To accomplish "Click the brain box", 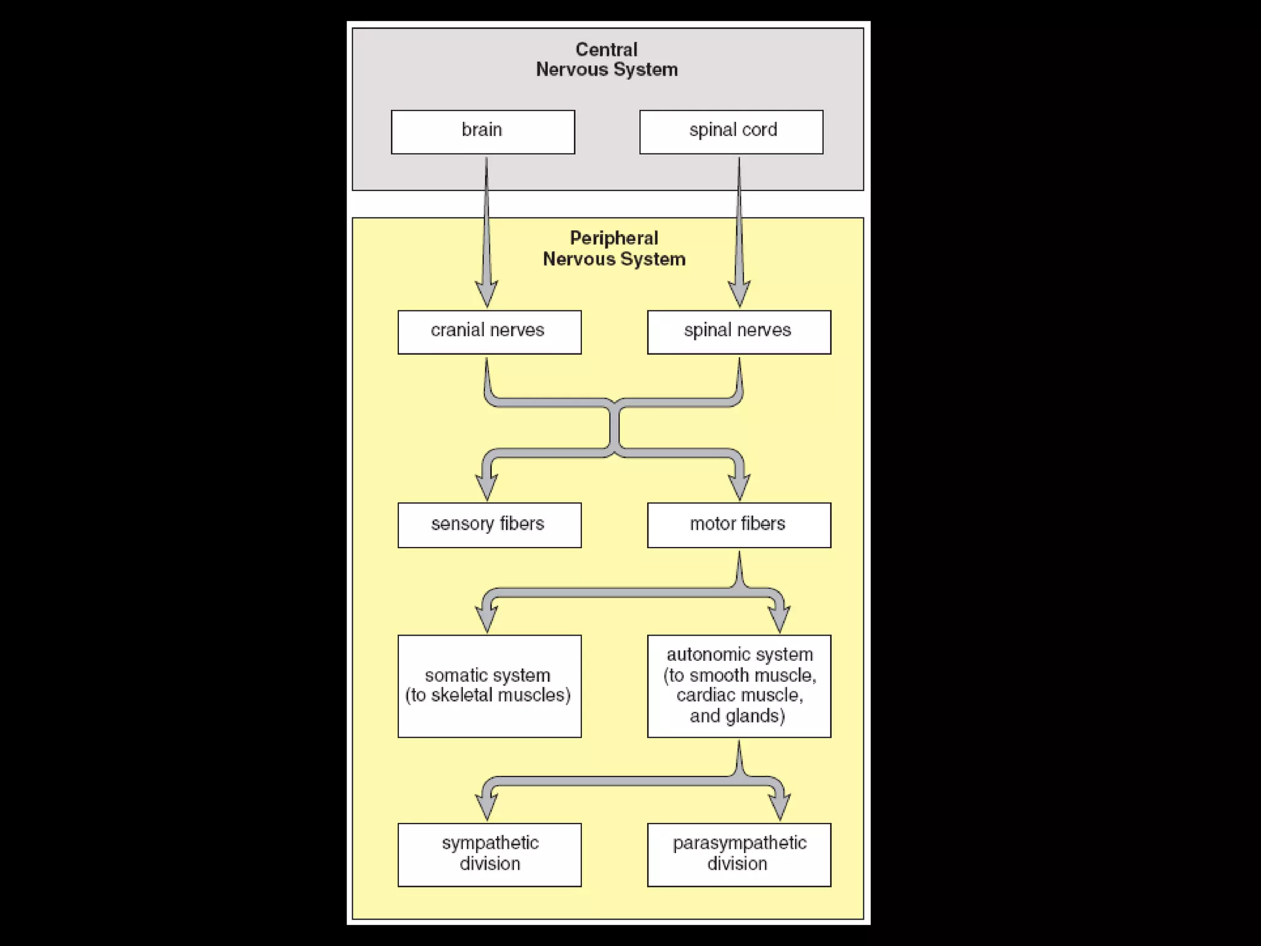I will point(483,132).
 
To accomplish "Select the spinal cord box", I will point(731,132).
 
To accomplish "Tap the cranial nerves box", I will point(489,332).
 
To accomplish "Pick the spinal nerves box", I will point(739,332).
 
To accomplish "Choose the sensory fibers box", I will point(489,525).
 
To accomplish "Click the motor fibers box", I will point(739,525).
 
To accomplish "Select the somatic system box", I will point(489,686).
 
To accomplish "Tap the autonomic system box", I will point(739,686).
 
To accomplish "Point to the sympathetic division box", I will point(489,854).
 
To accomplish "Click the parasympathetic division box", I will point(739,854).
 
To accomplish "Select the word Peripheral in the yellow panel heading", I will point(613,238).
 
